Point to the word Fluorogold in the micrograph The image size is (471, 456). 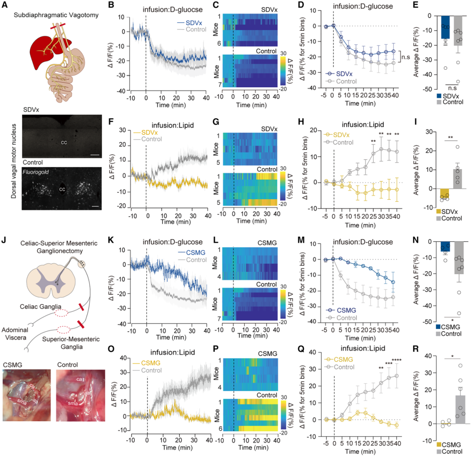37,173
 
